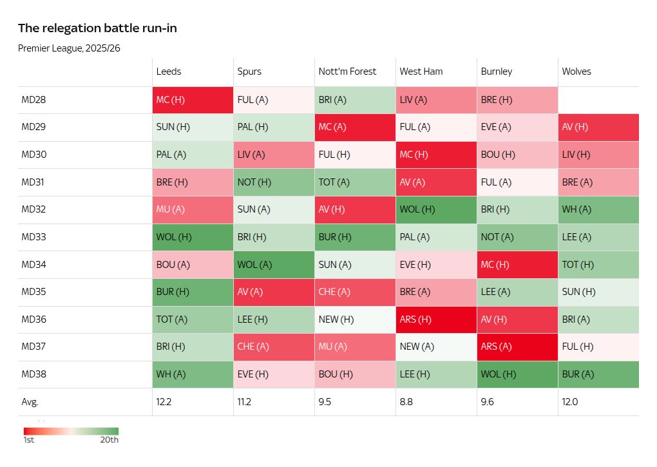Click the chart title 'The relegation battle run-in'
click(x=97, y=28)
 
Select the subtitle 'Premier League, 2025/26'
click(x=69, y=48)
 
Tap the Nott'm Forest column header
click(x=347, y=71)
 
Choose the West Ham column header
click(x=421, y=71)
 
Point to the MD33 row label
click(x=33, y=237)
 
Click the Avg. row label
click(x=30, y=402)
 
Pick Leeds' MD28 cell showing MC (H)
click(x=193, y=100)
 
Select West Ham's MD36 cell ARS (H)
click(x=436, y=319)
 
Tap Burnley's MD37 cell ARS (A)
click(x=517, y=347)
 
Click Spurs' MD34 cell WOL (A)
click(x=274, y=265)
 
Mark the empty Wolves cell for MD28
click(x=598, y=100)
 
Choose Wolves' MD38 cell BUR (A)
click(x=598, y=374)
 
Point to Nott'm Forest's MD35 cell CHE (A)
click(x=355, y=292)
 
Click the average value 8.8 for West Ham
click(x=406, y=402)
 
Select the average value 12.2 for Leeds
click(x=164, y=402)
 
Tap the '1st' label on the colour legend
click(x=29, y=441)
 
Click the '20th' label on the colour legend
click(x=110, y=441)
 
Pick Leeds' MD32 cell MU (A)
click(x=193, y=210)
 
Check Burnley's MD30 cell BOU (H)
click(x=517, y=155)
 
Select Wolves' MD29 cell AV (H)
click(x=598, y=128)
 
